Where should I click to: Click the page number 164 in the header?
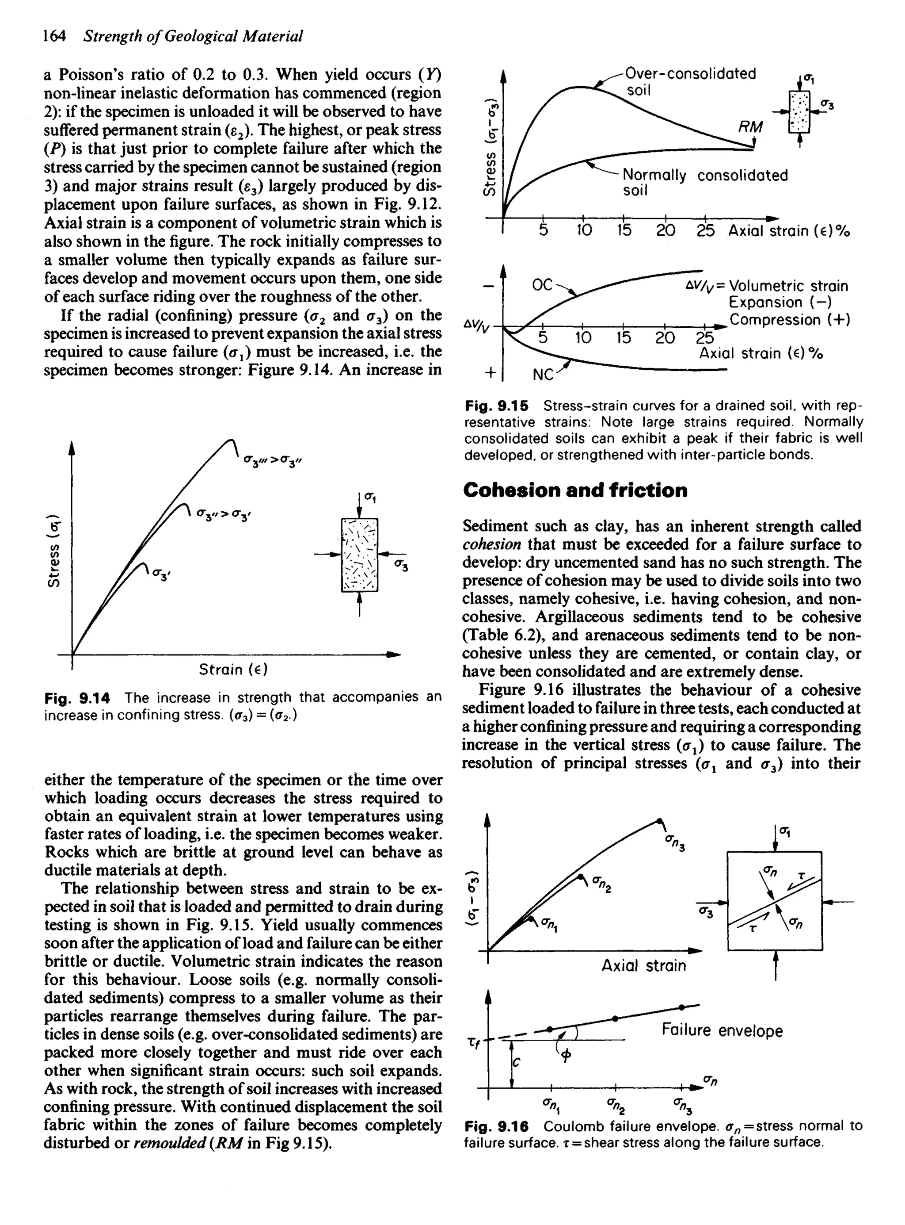(x=55, y=36)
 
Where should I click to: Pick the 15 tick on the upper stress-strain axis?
(x=624, y=231)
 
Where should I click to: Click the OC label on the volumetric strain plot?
(x=543, y=286)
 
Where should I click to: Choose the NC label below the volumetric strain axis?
(x=544, y=375)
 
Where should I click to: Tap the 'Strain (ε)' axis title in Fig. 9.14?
(x=233, y=670)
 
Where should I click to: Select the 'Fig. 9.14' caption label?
(x=77, y=698)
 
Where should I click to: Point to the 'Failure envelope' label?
(x=722, y=1030)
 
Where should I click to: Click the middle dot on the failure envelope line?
(x=615, y=1018)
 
